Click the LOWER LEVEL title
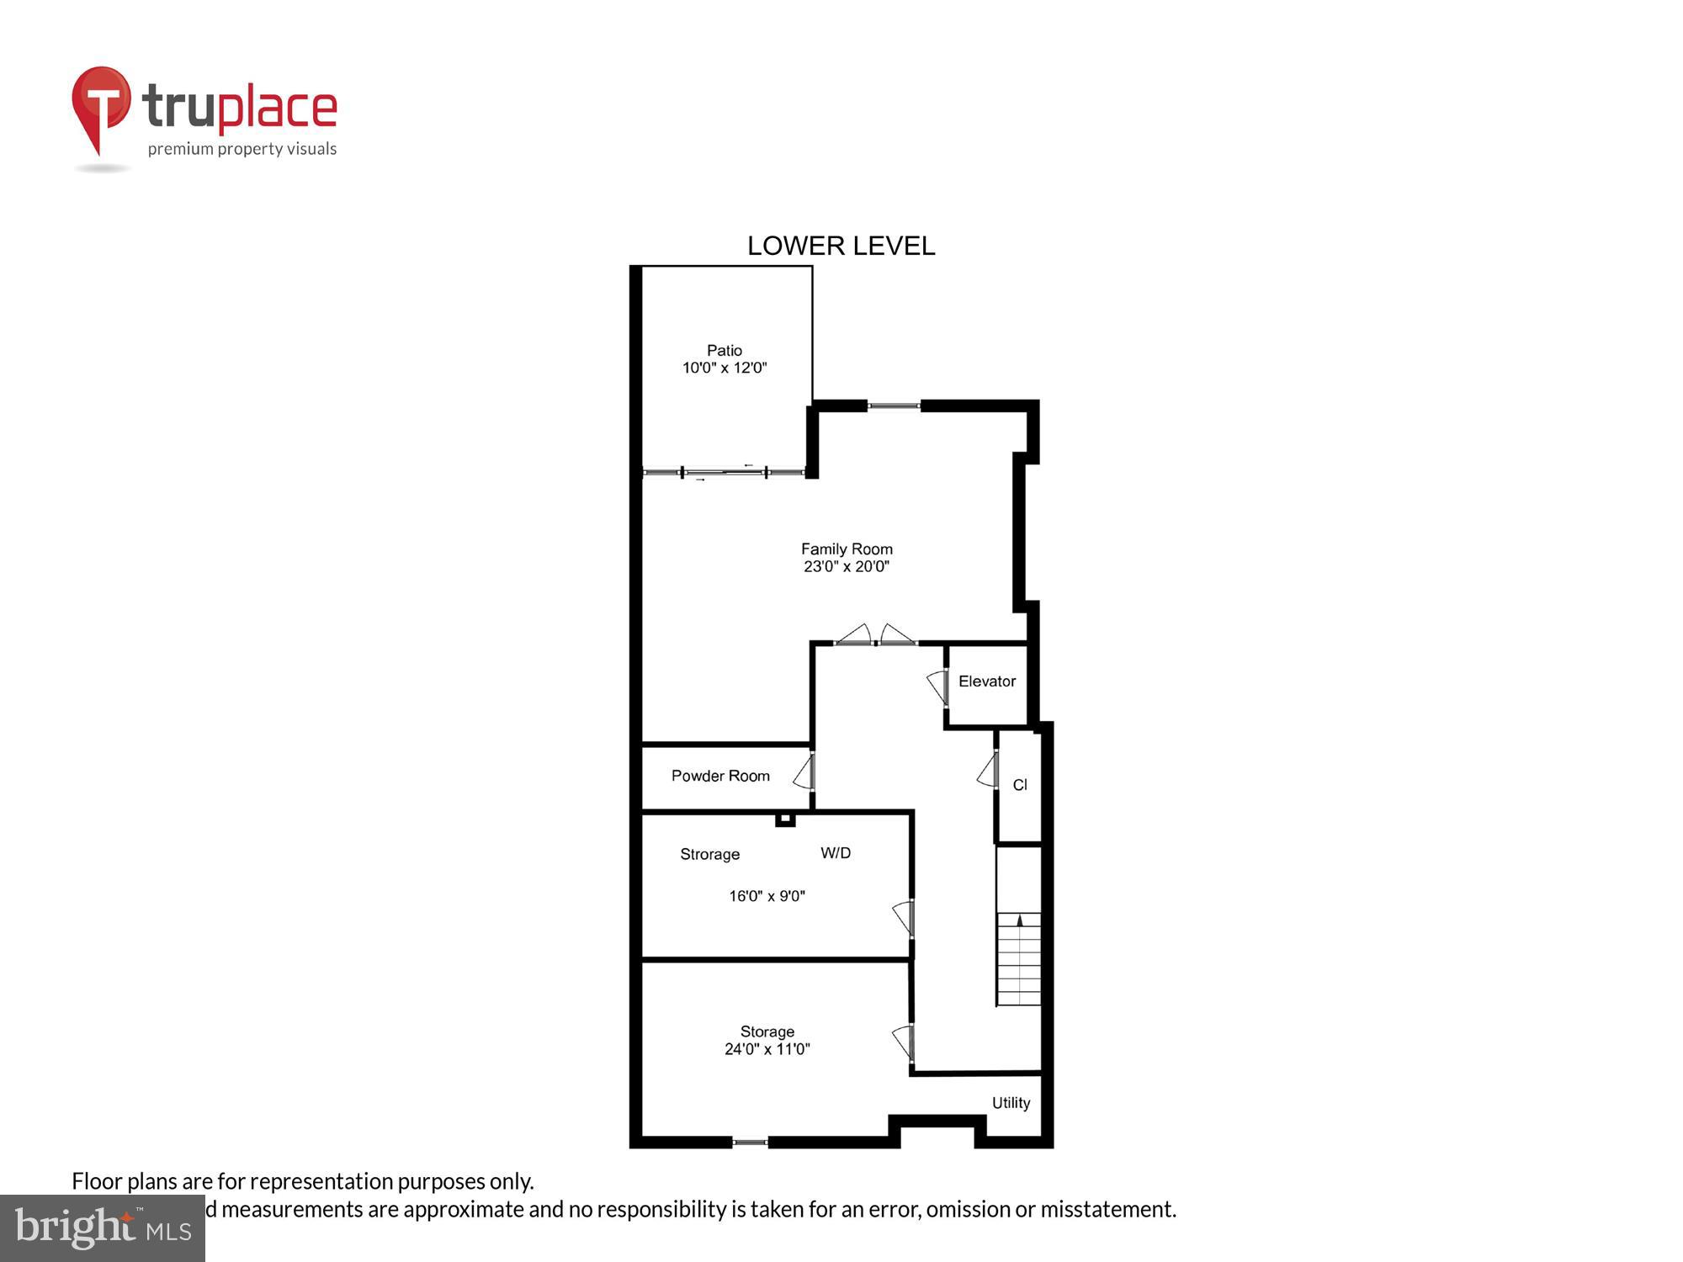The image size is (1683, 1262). click(841, 246)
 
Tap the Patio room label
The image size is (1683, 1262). click(724, 350)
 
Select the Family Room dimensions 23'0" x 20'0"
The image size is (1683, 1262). click(846, 567)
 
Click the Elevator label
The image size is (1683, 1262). click(986, 681)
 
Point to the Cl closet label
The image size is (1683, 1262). click(1019, 785)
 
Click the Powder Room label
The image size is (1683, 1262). click(719, 776)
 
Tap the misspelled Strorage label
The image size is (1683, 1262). click(709, 854)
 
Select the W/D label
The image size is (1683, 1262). click(835, 853)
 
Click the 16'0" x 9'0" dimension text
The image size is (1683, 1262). click(767, 896)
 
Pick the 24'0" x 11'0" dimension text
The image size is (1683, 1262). click(767, 1049)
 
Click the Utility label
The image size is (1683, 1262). click(1010, 1103)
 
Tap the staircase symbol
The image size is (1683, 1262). click(1018, 959)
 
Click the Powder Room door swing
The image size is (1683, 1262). click(804, 772)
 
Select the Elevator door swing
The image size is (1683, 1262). click(937, 687)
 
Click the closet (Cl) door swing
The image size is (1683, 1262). click(988, 771)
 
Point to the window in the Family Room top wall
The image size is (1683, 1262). click(894, 406)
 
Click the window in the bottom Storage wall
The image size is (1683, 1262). click(749, 1142)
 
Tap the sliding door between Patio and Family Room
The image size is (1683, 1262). click(724, 473)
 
